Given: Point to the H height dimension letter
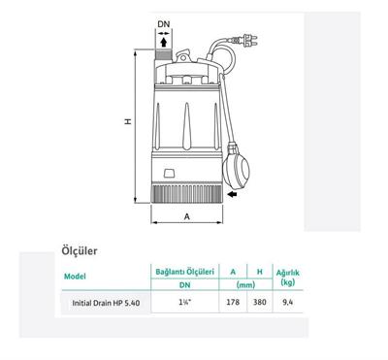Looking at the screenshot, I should [128, 121].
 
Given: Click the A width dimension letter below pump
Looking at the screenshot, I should [186, 217].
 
